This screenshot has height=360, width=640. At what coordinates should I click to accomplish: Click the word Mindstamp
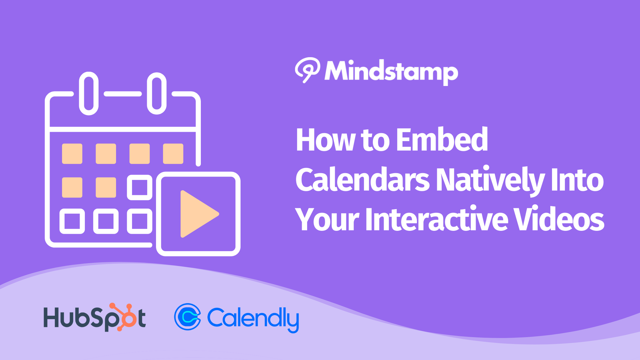point(391,72)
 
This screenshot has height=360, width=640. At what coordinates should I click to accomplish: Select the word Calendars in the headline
point(362,180)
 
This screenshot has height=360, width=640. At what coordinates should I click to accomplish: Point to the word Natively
point(490,180)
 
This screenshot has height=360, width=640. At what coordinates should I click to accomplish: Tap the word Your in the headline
point(327,220)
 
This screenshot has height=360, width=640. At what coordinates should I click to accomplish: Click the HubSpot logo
point(95,318)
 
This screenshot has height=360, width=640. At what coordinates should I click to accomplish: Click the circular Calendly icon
point(187,317)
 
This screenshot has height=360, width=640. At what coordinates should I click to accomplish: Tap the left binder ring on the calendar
point(89,93)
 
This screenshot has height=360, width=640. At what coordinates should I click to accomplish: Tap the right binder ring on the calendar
point(157,93)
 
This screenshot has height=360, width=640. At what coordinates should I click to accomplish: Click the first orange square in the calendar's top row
point(72,154)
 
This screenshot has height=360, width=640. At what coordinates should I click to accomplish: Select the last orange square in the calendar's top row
point(173,154)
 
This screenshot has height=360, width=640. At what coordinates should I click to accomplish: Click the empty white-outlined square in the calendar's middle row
point(140,187)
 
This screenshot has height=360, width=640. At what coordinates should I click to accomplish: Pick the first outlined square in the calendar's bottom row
point(72,221)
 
